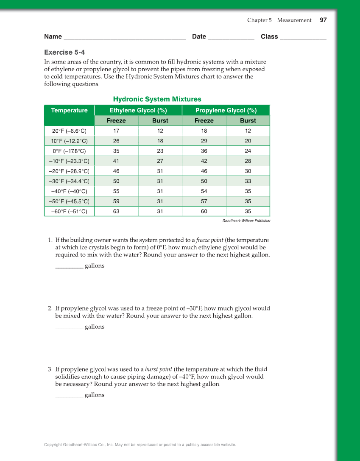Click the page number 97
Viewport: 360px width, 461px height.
(x=323, y=20)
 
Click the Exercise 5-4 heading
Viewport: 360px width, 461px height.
(x=64, y=52)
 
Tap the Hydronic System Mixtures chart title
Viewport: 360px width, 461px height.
(x=157, y=99)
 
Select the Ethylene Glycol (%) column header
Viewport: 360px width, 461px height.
(x=138, y=110)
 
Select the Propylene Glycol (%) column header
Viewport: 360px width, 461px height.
(x=226, y=110)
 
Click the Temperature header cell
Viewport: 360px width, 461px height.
(x=69, y=110)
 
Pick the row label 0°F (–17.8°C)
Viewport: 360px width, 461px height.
(x=69, y=151)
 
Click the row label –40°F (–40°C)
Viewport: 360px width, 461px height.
(x=69, y=191)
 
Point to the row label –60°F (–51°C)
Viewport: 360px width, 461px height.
(x=69, y=211)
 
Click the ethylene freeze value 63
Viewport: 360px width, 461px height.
(x=116, y=211)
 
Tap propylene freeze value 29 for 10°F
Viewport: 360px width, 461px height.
(x=204, y=141)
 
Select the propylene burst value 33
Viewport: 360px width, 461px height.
(x=248, y=181)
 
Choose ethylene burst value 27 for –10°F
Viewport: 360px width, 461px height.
(x=160, y=161)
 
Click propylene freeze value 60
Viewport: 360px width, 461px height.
(x=204, y=211)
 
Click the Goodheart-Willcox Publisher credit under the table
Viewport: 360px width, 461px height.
(x=246, y=221)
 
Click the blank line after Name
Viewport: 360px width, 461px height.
(x=124, y=37)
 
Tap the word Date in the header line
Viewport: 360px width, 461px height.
(x=199, y=36)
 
